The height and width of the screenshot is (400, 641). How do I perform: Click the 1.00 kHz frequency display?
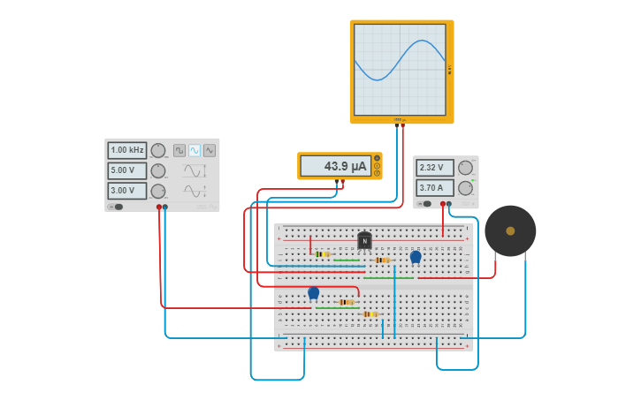click(127, 151)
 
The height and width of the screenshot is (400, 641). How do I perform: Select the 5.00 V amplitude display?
click(127, 170)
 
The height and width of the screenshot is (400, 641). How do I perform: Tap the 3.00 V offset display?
click(127, 191)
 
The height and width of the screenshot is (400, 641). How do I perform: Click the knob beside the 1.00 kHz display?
click(158, 151)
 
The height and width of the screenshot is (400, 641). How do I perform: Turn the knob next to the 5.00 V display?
click(158, 170)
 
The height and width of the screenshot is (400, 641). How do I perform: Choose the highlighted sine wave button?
click(195, 151)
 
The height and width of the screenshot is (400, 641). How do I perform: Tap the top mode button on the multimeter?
click(378, 158)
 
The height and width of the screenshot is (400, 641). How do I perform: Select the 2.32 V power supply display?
click(435, 168)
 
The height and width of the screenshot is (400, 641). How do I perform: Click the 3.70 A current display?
click(435, 187)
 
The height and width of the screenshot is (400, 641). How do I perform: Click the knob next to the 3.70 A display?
click(465, 187)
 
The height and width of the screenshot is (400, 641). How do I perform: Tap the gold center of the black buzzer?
click(510, 230)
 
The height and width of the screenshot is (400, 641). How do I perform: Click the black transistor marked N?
click(364, 240)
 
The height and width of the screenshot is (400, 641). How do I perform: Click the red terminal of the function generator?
click(159, 207)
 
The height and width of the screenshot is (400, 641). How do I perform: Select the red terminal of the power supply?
click(442, 204)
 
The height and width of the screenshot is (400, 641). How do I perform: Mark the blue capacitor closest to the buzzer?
click(416, 257)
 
